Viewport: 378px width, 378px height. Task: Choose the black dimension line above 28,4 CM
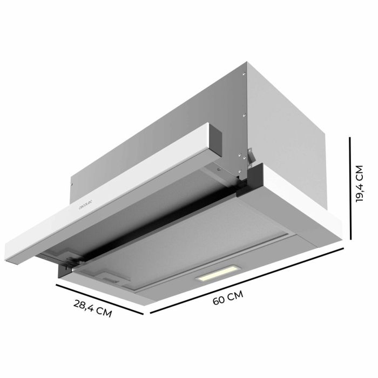pos(101,298)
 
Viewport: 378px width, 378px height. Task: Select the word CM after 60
pos(235,296)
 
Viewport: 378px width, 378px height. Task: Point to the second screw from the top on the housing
pos(245,114)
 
